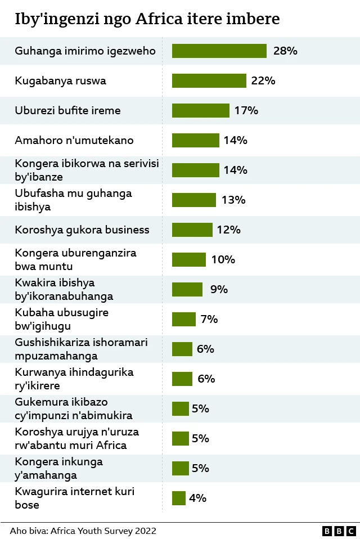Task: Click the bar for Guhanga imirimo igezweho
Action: [219, 51]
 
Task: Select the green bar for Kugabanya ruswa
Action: [209, 81]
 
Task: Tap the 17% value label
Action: [246, 111]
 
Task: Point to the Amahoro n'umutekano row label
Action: [74, 141]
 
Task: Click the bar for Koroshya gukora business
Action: [192, 230]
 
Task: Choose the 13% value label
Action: [233, 200]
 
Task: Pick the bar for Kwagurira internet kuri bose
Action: [178, 498]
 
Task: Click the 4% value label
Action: [197, 498]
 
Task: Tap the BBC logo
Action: [339, 531]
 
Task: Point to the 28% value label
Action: [285, 51]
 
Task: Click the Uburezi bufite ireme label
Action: [67, 111]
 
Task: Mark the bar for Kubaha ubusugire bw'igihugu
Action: [183, 319]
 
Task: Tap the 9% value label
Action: [219, 290]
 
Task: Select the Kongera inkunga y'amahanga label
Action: [58, 468]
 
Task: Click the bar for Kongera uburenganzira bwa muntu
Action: [188, 259]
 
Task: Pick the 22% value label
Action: [263, 81]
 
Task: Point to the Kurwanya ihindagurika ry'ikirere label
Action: [74, 379]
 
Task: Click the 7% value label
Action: [209, 319]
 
